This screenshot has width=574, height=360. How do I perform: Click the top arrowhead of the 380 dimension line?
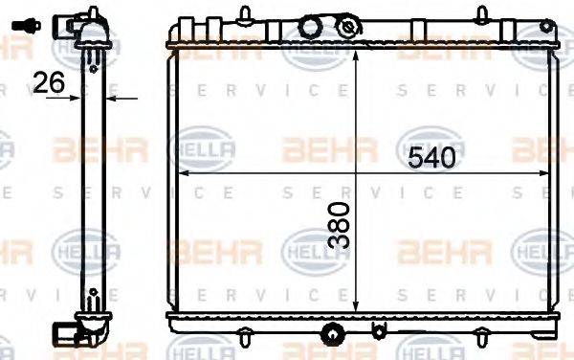(356, 56)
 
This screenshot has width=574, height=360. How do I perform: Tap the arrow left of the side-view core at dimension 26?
(79, 97)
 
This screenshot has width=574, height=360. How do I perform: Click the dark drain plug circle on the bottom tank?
(333, 335)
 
